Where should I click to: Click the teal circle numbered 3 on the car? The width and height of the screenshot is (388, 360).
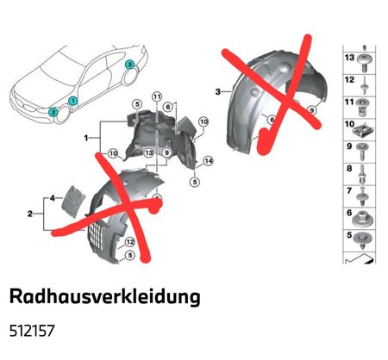pyautogui.click(x=129, y=65)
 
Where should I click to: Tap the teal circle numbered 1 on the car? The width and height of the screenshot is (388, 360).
pyautogui.click(x=72, y=101)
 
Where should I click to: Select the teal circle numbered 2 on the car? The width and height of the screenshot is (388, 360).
pyautogui.click(x=53, y=112)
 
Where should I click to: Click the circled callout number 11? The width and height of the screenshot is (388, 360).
pyautogui.click(x=157, y=96)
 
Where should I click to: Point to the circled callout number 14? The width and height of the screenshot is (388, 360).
pyautogui.click(x=209, y=161)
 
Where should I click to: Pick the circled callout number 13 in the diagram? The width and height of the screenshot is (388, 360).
pyautogui.click(x=148, y=152)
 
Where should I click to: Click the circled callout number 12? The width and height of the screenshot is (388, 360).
pyautogui.click(x=130, y=242)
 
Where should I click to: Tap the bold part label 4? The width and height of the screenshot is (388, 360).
pyautogui.click(x=52, y=198)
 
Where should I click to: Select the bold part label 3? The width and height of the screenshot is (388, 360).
pyautogui.click(x=218, y=91)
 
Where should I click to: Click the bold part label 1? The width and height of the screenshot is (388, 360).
pyautogui.click(x=86, y=138)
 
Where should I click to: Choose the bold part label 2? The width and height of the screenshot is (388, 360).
pyautogui.click(x=30, y=214)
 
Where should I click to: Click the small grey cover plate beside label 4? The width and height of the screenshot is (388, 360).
pyautogui.click(x=73, y=202)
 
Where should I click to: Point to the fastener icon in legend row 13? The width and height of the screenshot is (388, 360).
pyautogui.click(x=364, y=63)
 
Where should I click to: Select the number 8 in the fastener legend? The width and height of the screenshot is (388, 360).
pyautogui.click(x=349, y=168)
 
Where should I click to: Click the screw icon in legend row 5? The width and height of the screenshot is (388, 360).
pyautogui.click(x=364, y=240)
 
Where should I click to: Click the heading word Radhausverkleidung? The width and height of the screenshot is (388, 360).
pyautogui.click(x=105, y=296)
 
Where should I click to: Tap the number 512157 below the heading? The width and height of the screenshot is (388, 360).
pyautogui.click(x=32, y=331)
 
